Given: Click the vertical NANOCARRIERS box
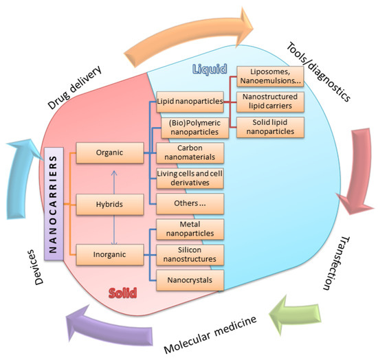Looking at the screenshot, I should click(56, 205).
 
